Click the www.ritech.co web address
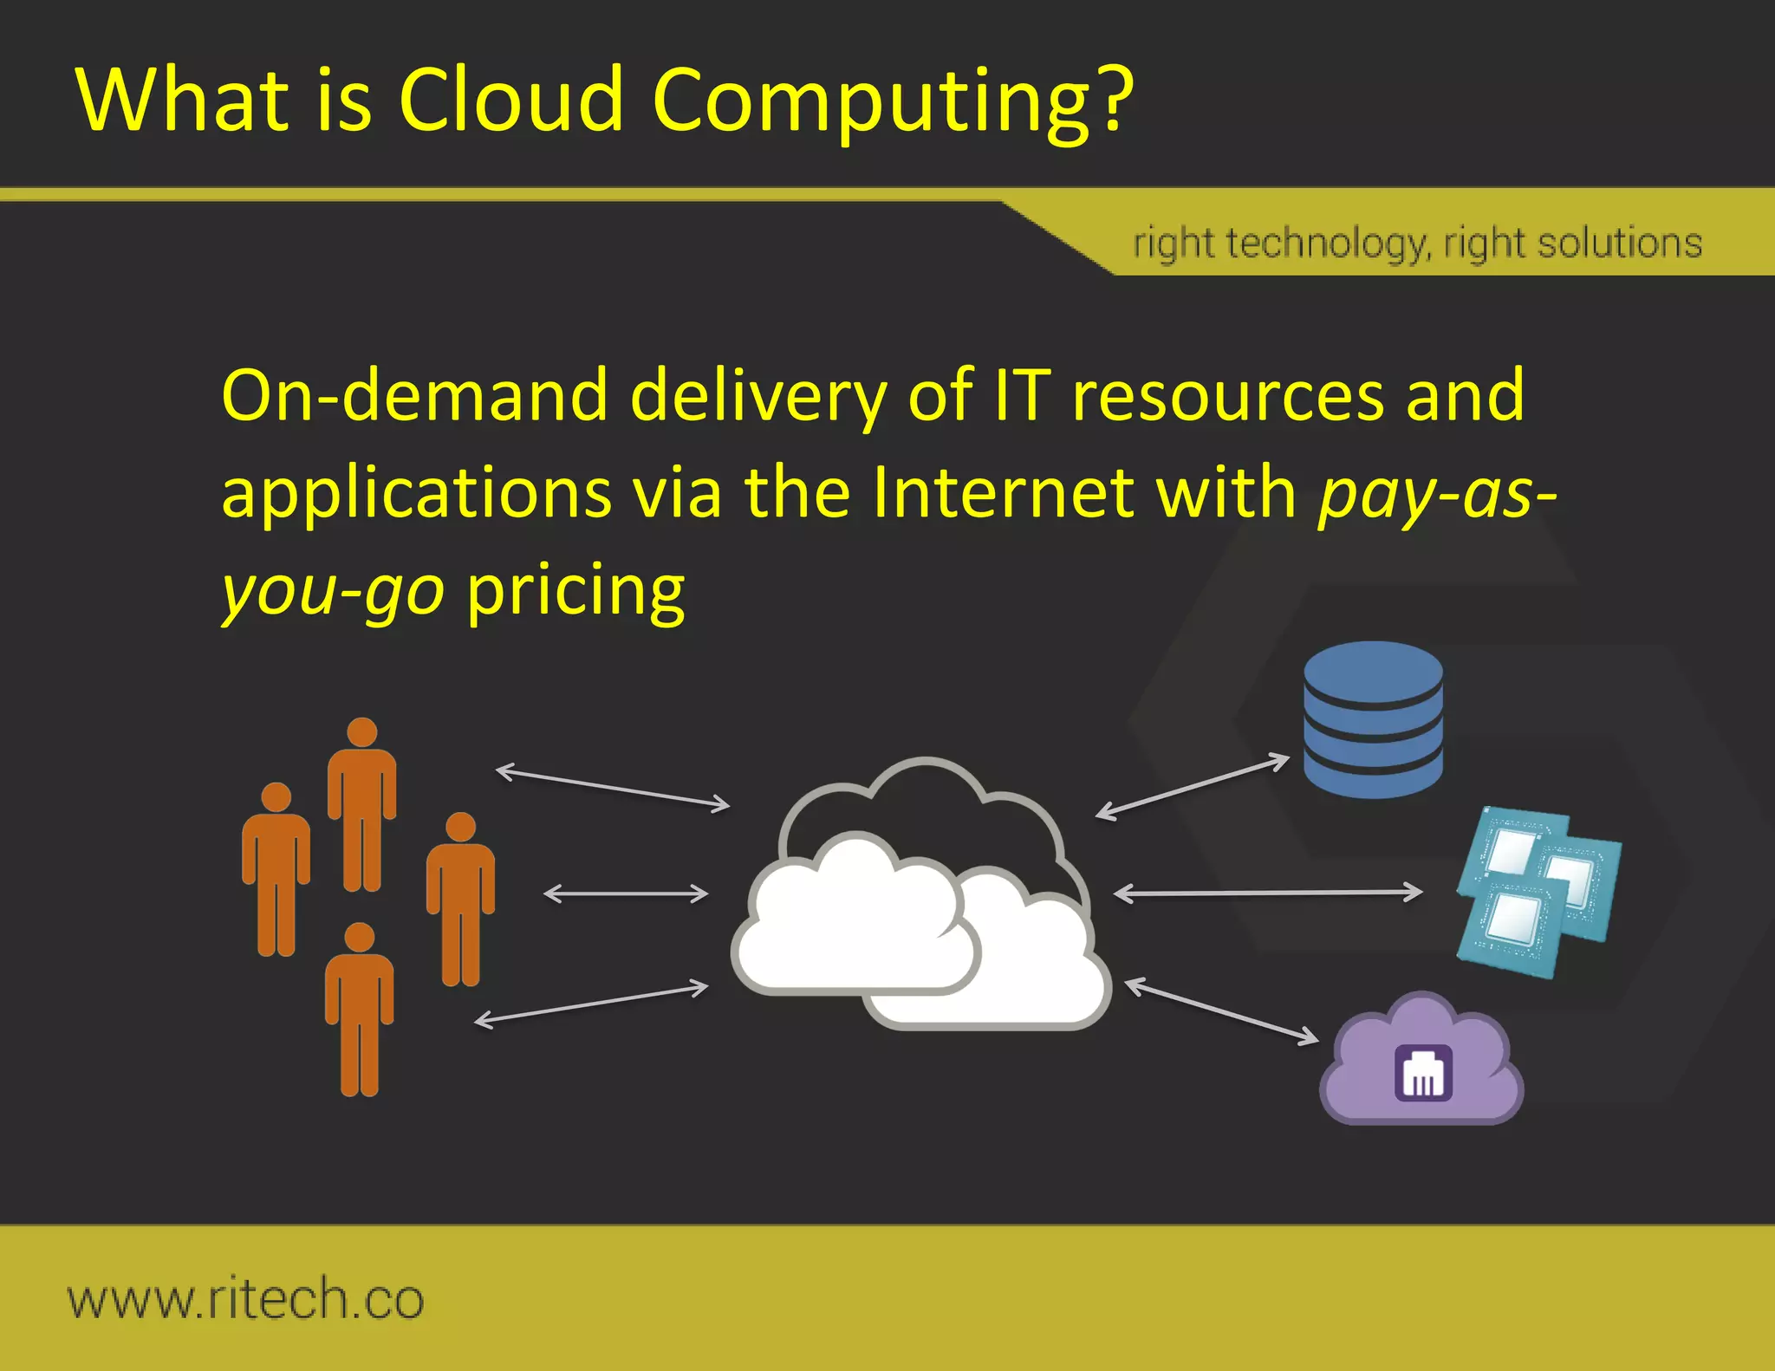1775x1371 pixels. (x=246, y=1299)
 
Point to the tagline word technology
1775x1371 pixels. (x=1325, y=244)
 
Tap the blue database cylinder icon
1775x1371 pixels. (x=1373, y=718)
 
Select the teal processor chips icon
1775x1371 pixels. (x=1538, y=893)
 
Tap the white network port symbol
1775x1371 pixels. (x=1423, y=1074)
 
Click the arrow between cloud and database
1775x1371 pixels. (x=1193, y=787)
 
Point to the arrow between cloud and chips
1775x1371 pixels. (x=1267, y=892)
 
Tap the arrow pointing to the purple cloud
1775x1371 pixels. (x=1221, y=1010)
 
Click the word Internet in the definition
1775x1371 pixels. (x=1003, y=492)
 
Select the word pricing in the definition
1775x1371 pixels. (x=575, y=591)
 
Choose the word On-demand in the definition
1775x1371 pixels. (x=414, y=395)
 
